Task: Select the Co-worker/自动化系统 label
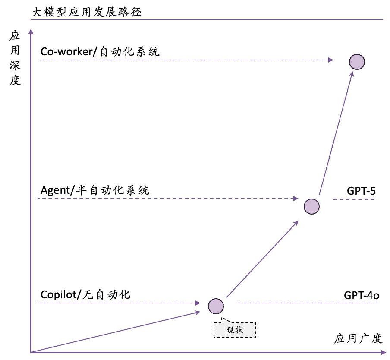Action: [x=100, y=52]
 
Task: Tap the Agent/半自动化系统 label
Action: [x=95, y=190]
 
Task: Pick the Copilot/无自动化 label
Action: [x=85, y=295]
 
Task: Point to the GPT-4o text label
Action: [x=362, y=295]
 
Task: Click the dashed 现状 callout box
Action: [x=235, y=330]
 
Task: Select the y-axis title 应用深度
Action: [x=16, y=58]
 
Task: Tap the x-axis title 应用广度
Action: [x=358, y=338]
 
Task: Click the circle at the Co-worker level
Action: [x=357, y=62]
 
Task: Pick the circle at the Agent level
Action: [x=311, y=206]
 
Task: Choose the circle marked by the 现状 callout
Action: [x=216, y=306]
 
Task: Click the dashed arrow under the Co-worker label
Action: [x=186, y=60]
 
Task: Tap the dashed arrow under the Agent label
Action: [x=168, y=199]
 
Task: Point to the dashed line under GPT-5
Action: [x=355, y=199]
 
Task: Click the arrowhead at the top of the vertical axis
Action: [x=31, y=31]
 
